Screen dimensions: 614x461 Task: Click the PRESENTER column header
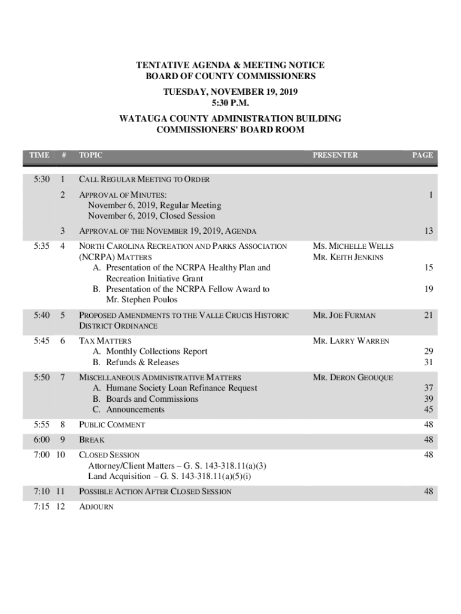[335, 155]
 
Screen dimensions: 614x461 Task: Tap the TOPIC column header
[90, 155]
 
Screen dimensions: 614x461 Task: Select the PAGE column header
[422, 155]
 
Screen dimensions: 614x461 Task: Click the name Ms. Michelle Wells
[353, 246]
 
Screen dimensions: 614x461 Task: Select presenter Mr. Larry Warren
[351, 341]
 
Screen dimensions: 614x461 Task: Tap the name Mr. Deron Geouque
[353, 378]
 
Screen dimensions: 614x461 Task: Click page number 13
[428, 231]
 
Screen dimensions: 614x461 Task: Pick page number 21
[428, 315]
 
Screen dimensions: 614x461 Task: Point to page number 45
[428, 410]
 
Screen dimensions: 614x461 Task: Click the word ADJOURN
[96, 507]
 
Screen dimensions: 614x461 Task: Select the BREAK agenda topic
[92, 440]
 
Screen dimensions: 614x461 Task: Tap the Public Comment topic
[112, 425]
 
